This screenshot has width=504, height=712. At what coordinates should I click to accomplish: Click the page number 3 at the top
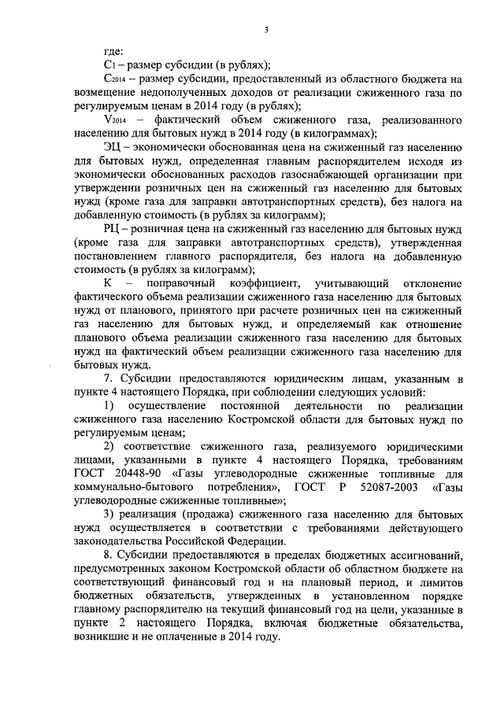pos(267,31)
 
